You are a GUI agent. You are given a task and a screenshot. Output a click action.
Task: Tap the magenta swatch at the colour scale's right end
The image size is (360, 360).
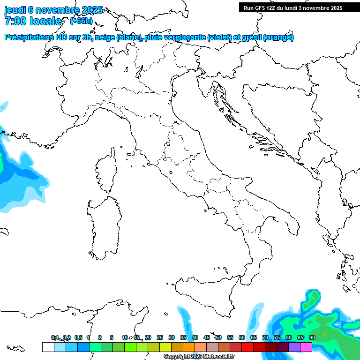pos(306,347)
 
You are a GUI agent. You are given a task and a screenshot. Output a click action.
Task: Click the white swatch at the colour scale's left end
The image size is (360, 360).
pos(48,347)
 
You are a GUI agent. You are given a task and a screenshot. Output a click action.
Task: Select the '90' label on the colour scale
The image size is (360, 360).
pos(312,337)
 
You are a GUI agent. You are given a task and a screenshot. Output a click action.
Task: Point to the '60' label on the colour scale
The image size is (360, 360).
pos(242,337)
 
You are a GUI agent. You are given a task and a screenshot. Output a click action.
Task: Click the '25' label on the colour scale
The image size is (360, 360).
pos(160,337)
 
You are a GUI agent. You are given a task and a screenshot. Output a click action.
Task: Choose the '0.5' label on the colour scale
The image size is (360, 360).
pos(78,337)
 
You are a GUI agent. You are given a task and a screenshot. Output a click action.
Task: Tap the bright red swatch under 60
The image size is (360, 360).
pos(247,347)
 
